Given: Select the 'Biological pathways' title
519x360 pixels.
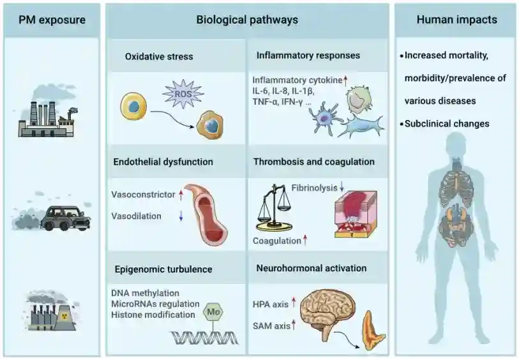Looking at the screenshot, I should pos(246,20).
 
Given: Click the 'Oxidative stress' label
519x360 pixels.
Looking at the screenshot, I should pos(159,56).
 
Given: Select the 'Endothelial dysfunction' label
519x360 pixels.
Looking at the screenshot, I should pos(163,161).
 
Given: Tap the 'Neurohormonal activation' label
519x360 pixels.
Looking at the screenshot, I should pos(311,268).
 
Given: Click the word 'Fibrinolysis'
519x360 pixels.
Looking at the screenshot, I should pos(314,188).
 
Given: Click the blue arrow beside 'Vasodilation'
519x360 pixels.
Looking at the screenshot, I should pos(180,216).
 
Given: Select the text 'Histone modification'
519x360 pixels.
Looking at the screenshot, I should pos(153,314).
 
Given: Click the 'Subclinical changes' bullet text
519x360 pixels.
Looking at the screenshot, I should pos(447,123).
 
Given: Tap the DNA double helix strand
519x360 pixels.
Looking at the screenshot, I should pos(204,337).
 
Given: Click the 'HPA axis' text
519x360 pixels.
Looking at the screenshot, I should pos(271,304).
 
